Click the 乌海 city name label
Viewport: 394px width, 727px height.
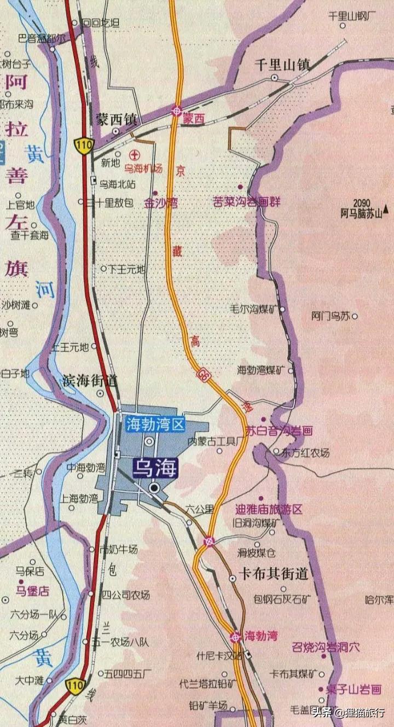point(156,468)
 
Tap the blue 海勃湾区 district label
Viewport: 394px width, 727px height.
point(156,423)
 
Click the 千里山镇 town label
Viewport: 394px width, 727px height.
point(282,65)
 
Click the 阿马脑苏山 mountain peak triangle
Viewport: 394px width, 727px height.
point(386,208)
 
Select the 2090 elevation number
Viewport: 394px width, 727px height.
point(362,202)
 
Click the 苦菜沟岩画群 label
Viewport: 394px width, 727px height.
point(247,202)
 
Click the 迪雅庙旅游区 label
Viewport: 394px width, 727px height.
point(268,509)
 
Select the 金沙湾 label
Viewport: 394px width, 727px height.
point(161,203)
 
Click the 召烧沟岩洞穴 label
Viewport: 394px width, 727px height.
point(326,647)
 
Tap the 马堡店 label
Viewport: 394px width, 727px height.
point(32,591)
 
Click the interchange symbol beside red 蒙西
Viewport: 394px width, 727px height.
point(177,110)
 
